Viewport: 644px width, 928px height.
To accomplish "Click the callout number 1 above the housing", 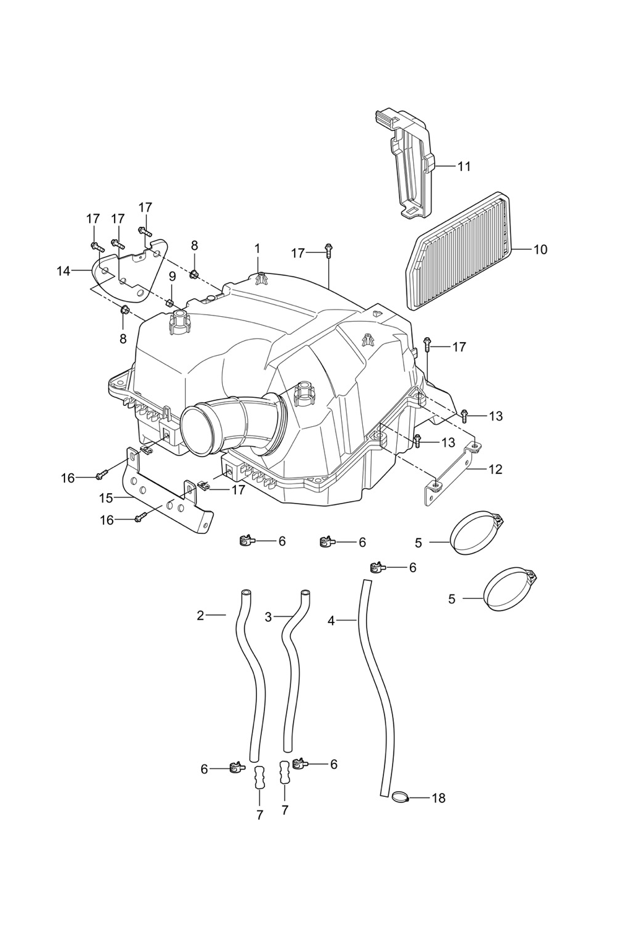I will [x=257, y=249].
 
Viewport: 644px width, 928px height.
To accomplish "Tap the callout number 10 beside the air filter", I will [x=540, y=249].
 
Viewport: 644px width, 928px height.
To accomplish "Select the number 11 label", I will [x=464, y=166].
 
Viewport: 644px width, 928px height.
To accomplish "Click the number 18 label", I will [x=438, y=798].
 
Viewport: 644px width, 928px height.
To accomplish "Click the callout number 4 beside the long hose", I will [x=331, y=620].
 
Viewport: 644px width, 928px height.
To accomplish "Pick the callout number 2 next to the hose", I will [x=200, y=616].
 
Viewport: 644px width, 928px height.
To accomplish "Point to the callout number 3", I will [x=268, y=617].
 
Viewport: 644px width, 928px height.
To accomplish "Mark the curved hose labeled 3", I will [x=290, y=668].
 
